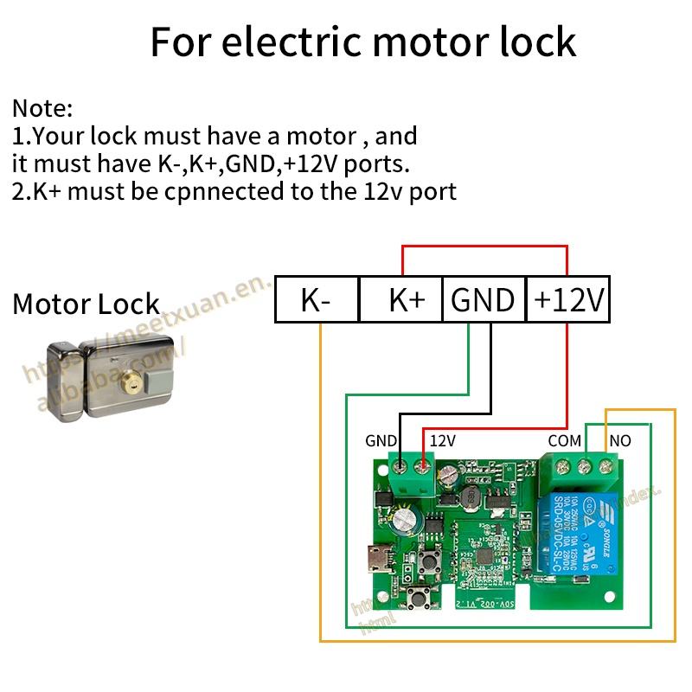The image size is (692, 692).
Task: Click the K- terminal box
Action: (316, 300)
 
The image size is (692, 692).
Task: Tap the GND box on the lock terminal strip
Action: (483, 300)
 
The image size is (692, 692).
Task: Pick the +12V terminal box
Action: (568, 300)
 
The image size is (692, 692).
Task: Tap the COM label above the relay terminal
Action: (564, 441)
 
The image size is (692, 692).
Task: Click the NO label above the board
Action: (620, 441)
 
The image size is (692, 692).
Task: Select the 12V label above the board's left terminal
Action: (442, 441)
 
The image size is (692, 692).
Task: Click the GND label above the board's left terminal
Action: (381, 441)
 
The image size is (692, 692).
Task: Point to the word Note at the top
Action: (42, 109)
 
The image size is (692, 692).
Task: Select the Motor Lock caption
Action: (86, 304)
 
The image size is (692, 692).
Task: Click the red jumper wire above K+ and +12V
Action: (484, 247)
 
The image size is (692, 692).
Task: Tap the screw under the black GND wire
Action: (400, 472)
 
